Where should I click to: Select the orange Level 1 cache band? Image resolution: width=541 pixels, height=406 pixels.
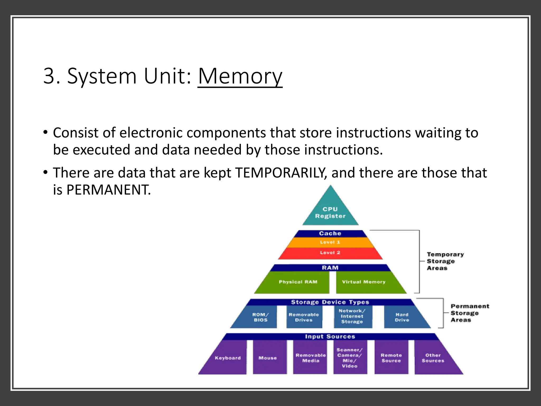[x=330, y=242]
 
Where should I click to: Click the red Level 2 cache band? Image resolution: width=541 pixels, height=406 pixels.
[x=330, y=253]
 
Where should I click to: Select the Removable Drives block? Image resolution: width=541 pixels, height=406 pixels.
[x=304, y=317]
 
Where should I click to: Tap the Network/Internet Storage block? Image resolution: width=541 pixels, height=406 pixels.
[x=352, y=316]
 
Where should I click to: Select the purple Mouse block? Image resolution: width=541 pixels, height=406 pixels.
[x=268, y=358]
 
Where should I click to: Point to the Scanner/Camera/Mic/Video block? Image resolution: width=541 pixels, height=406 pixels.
[x=350, y=358]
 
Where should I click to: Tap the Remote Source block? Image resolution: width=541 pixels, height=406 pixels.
[x=391, y=358]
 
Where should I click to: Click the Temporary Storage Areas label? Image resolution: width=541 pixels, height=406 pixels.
[x=445, y=261]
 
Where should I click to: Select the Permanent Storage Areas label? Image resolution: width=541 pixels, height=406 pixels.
[x=470, y=313]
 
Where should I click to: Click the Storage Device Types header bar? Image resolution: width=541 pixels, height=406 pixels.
[x=330, y=302]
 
